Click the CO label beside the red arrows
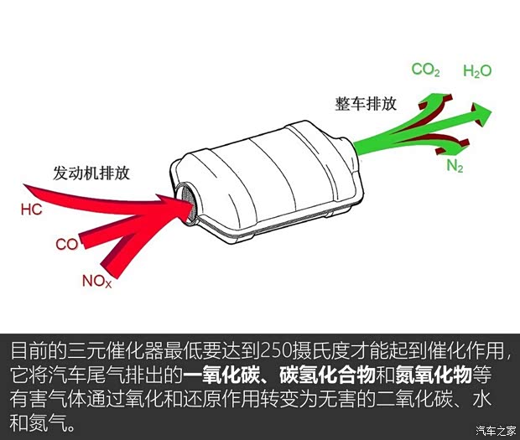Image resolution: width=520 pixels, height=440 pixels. (x=66, y=245)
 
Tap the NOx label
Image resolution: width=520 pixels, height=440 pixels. (x=96, y=282)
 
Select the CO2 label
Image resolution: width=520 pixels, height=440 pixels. (x=425, y=70)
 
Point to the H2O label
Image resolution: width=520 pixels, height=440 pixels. (x=477, y=70)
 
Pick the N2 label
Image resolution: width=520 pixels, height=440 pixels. (x=455, y=166)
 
